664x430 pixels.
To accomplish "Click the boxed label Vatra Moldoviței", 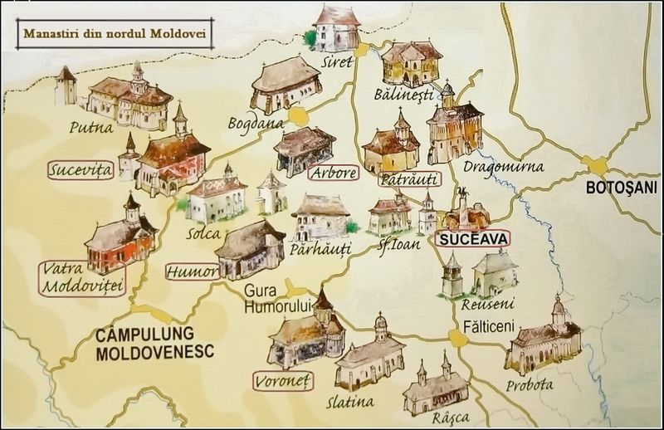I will [81, 279].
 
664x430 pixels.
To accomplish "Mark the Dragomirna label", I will [504, 167].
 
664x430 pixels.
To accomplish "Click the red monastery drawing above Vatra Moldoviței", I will [120, 235].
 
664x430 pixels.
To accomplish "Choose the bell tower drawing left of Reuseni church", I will [452, 276].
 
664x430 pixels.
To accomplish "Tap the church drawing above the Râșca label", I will [432, 385].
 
